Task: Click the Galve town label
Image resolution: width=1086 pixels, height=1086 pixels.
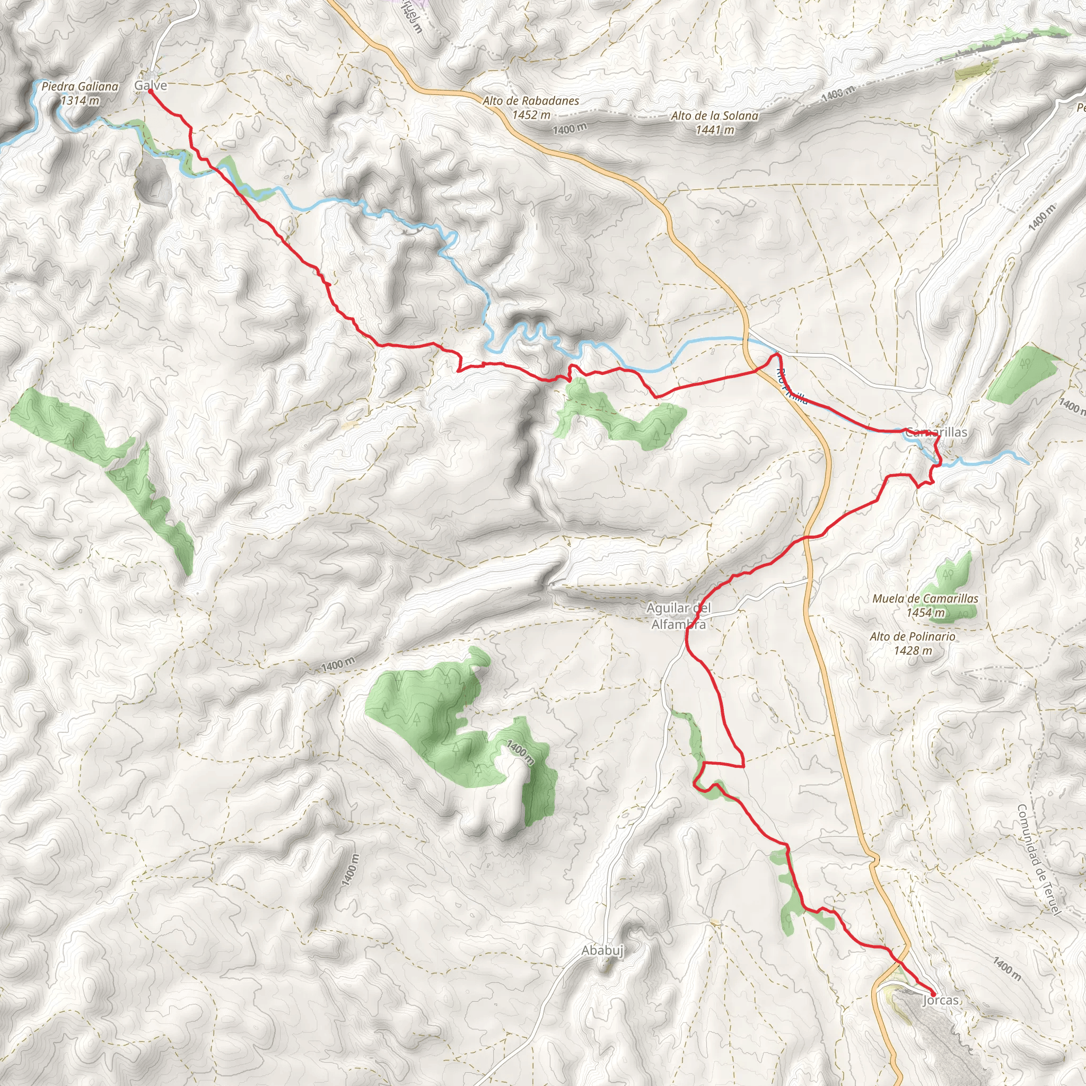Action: (151, 85)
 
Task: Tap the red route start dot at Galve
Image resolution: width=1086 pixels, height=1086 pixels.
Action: (151, 92)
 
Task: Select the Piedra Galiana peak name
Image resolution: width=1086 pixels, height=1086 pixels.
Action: (80, 86)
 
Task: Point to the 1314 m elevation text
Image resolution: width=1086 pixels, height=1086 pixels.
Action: (80, 101)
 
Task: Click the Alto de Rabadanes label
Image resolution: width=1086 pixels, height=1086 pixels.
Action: (531, 101)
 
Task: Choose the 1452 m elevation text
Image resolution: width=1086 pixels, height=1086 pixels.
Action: (531, 115)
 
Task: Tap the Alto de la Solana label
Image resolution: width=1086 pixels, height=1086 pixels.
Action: (714, 116)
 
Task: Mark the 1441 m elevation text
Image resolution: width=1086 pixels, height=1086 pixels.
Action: (714, 130)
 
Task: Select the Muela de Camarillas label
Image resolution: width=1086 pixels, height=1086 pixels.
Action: (925, 599)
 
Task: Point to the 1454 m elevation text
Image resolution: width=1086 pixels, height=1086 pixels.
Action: (925, 612)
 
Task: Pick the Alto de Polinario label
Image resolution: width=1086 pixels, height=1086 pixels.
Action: (912, 636)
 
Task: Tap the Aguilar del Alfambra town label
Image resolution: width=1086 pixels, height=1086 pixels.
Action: (678, 616)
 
